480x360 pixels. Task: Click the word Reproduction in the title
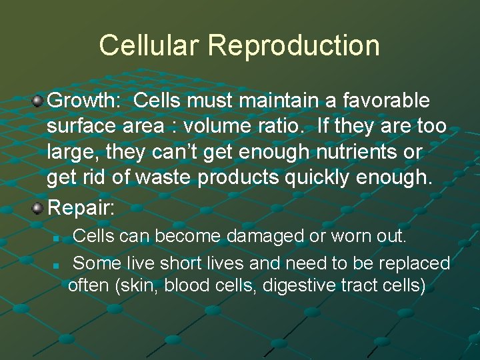(294, 45)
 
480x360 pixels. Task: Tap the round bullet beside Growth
(39, 102)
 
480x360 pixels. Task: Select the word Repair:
(81, 207)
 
